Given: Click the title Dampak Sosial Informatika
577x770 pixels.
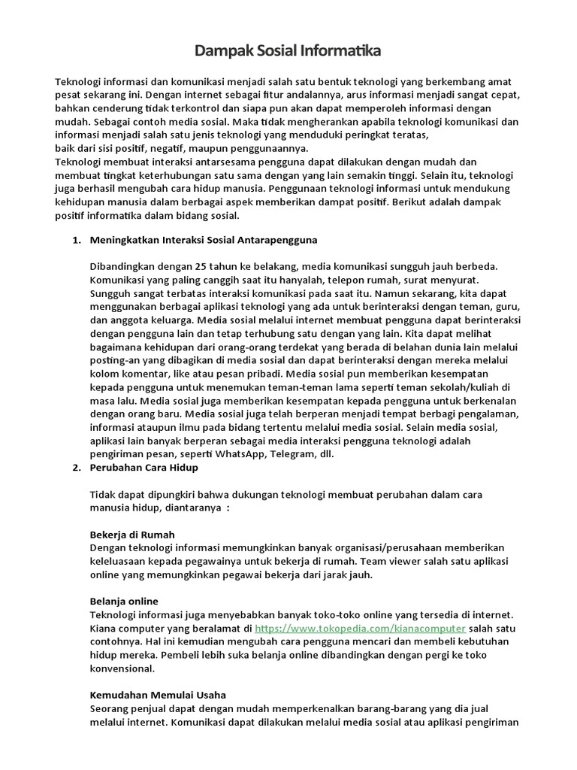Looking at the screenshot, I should point(288,51).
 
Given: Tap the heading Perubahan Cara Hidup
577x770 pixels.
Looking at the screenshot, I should point(143,467).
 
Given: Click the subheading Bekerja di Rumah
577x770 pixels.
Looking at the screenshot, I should point(132,534).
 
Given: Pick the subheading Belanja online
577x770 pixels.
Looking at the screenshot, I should point(124,601).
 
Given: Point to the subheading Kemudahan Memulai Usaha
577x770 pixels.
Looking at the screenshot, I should point(158,694).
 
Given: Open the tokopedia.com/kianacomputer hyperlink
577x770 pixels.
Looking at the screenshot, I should point(360,628).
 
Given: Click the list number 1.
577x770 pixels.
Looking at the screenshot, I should point(75,240).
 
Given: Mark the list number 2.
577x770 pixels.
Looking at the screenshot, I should point(75,467).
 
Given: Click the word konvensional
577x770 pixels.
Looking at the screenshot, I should point(122,668).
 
